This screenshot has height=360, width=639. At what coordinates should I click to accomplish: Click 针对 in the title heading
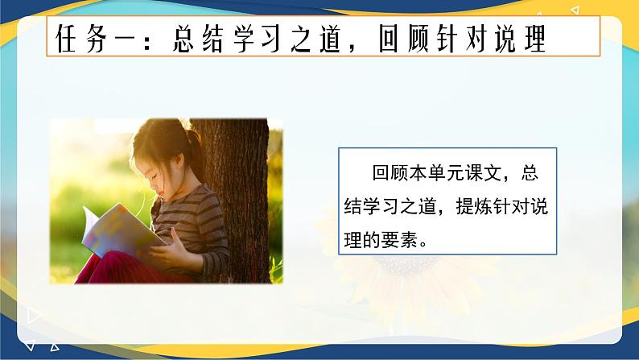pyautogui.click(x=475, y=38)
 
